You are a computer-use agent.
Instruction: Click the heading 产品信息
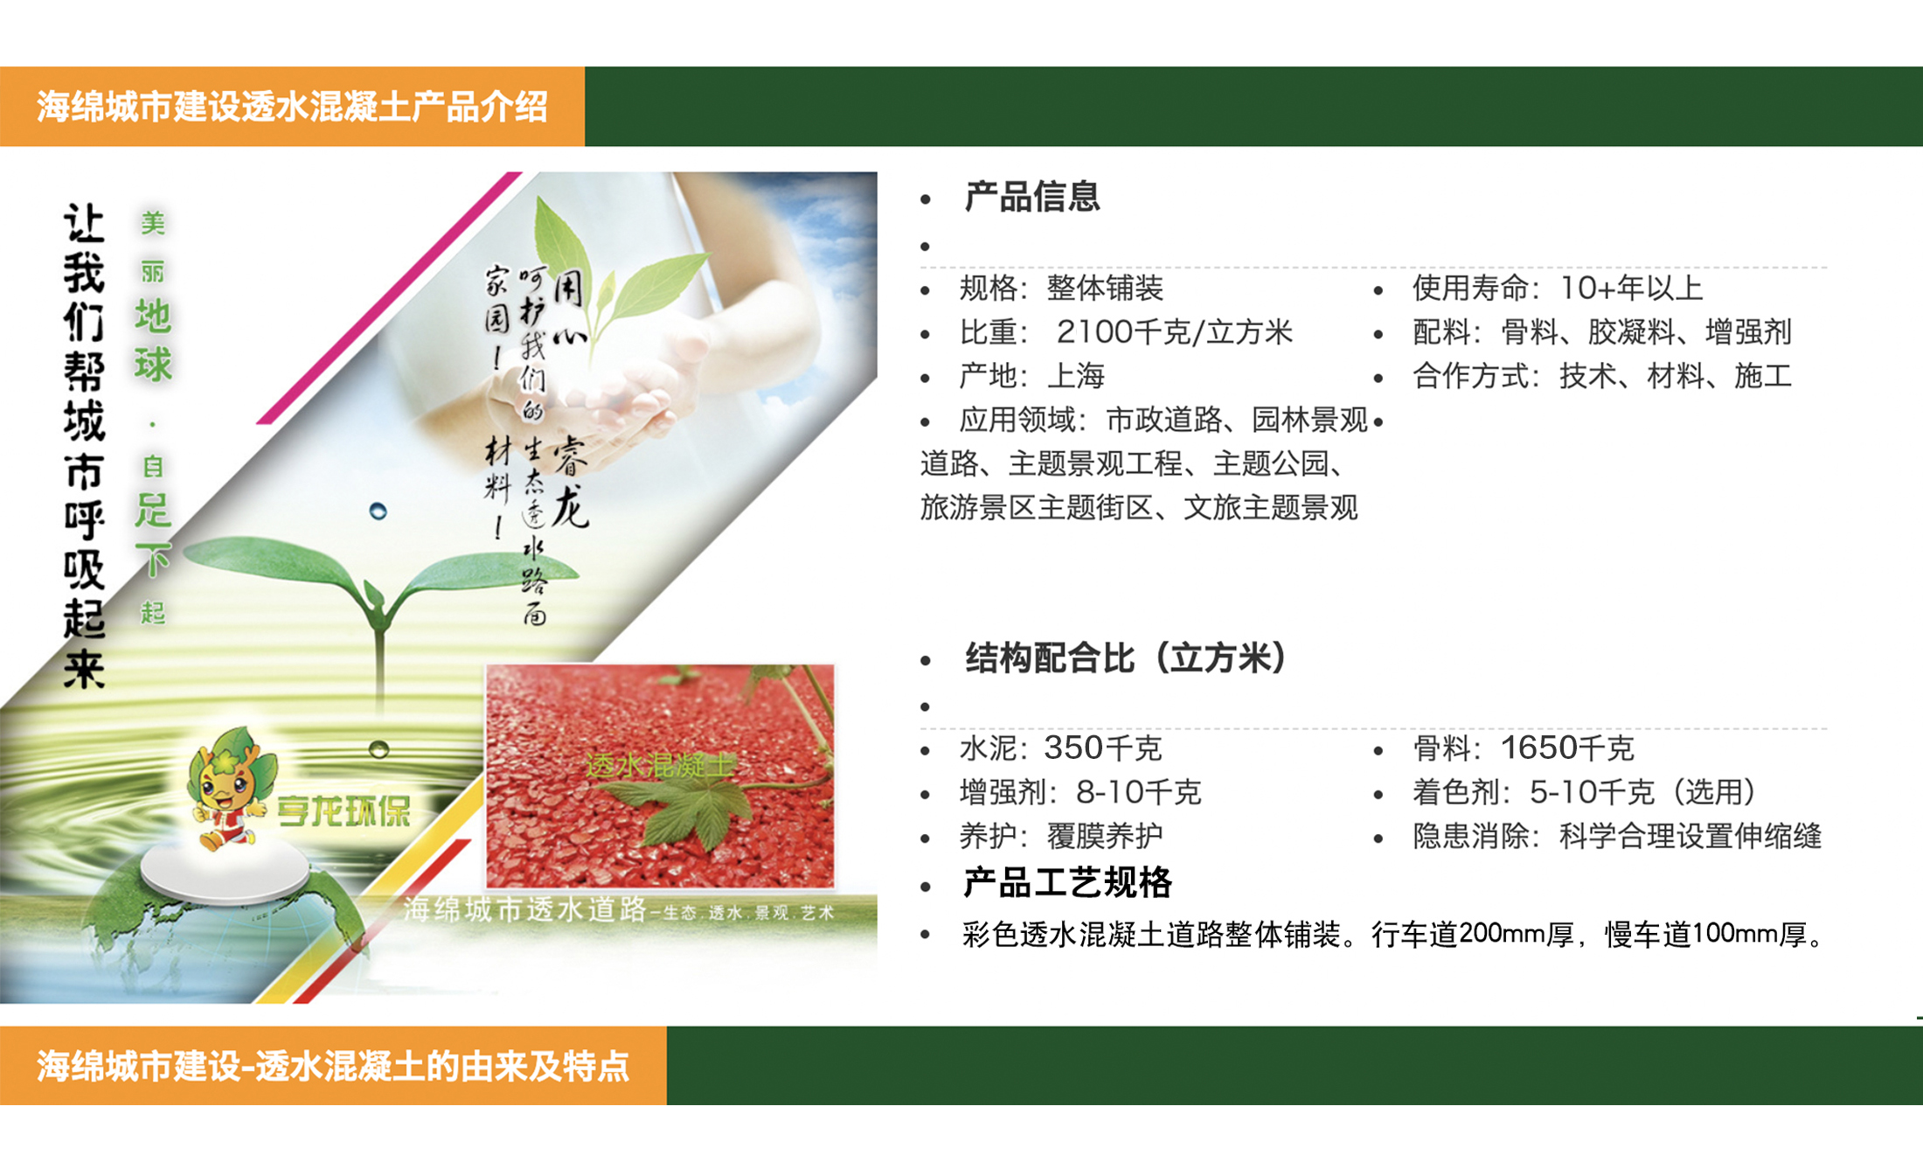point(1031,197)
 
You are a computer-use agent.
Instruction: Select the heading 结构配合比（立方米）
point(1126,658)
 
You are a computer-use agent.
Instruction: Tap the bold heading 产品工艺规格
point(1066,883)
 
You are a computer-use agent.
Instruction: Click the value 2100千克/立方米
point(1174,332)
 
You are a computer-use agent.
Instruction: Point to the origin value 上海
point(1076,376)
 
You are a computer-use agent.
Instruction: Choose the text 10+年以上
point(1631,288)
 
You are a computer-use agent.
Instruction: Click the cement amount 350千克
point(1103,748)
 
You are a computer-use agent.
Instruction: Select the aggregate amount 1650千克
point(1567,748)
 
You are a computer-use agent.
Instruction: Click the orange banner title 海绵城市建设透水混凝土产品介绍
point(292,108)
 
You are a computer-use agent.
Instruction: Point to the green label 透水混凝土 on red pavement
point(660,766)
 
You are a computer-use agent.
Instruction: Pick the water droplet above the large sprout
point(378,511)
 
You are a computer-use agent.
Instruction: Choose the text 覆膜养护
point(1105,837)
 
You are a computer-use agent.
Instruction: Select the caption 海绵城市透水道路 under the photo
point(524,910)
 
